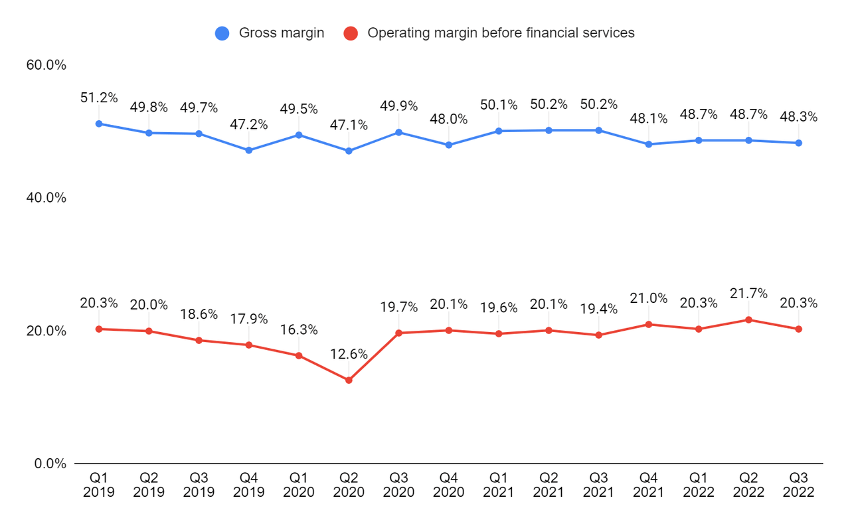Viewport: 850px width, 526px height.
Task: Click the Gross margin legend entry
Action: pyautogui.click(x=281, y=33)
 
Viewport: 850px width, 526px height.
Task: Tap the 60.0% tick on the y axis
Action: pyautogui.click(x=46, y=65)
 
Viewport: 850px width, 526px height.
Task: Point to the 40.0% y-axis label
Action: pyautogui.click(x=46, y=198)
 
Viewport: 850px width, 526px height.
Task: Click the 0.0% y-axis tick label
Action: pyautogui.click(x=50, y=464)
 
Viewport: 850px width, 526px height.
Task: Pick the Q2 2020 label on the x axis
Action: pyautogui.click(x=349, y=485)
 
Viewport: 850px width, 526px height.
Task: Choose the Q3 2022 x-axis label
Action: pyautogui.click(x=798, y=485)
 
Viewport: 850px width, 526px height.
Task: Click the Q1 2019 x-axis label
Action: pyautogui.click(x=99, y=485)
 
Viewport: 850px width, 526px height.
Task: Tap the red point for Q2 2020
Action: pyautogui.click(x=349, y=380)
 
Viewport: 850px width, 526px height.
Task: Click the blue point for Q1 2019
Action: pyautogui.click(x=99, y=124)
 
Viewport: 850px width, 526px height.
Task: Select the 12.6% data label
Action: pyautogui.click(x=349, y=354)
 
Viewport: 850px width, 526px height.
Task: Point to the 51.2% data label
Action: pyautogui.click(x=99, y=98)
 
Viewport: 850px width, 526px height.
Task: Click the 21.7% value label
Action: pyautogui.click(x=748, y=294)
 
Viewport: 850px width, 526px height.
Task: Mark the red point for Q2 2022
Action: pyautogui.click(x=748, y=319)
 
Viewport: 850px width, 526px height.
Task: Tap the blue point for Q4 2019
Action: pyautogui.click(x=249, y=150)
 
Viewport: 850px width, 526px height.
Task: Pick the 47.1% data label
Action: pyautogui.click(x=349, y=125)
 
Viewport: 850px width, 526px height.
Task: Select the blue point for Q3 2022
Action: pyautogui.click(x=798, y=143)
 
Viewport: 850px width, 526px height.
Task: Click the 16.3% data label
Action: pyautogui.click(x=299, y=329)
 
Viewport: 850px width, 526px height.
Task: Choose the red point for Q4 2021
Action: pyautogui.click(x=649, y=324)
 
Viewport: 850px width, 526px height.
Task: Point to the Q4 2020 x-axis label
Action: pyautogui.click(x=448, y=485)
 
